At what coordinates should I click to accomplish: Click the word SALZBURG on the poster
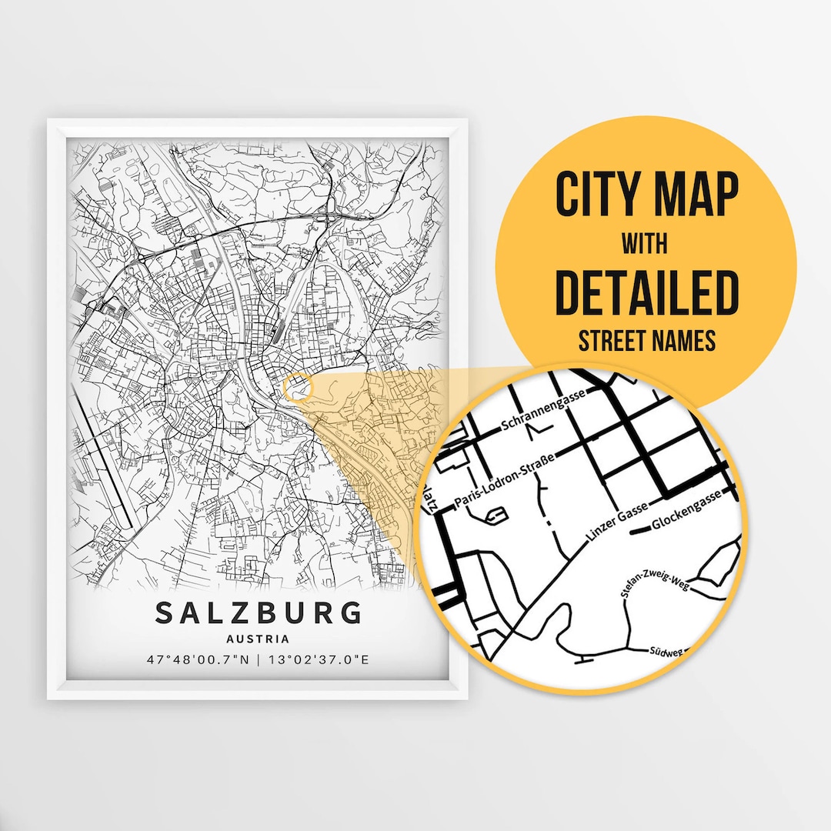tap(259, 613)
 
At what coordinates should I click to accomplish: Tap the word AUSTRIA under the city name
tap(259, 639)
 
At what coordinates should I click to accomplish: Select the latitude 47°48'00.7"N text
tap(196, 659)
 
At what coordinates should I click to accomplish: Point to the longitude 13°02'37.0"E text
tap(318, 659)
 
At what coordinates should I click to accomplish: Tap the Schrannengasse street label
tap(543, 409)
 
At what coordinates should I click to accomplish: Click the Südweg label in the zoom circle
tap(665, 652)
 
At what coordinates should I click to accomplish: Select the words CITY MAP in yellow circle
tap(646, 195)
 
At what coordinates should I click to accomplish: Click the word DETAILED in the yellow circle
tap(646, 293)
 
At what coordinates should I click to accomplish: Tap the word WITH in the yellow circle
tap(646, 245)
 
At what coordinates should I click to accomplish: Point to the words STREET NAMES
tap(646, 341)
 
